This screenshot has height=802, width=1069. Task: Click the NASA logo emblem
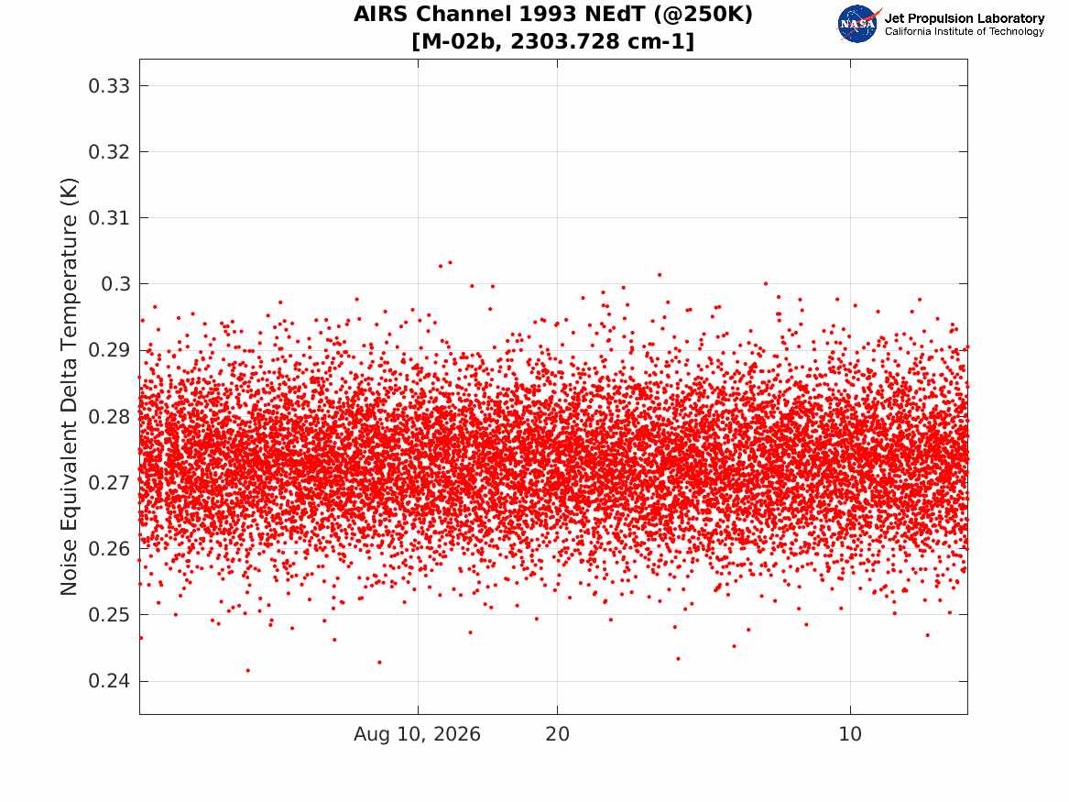point(858,24)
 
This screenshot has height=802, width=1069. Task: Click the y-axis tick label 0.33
point(109,86)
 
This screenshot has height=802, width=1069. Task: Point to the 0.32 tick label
point(109,151)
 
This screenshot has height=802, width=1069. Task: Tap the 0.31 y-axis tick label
point(109,217)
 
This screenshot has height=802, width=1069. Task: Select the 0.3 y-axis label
point(115,284)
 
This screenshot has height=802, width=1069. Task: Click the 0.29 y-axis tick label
point(109,350)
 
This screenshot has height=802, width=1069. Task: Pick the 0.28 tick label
point(109,416)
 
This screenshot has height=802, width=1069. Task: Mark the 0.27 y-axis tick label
point(109,482)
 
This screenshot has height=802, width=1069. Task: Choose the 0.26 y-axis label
point(109,548)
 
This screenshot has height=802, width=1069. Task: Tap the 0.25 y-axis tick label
point(109,614)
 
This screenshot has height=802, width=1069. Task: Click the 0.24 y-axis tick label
point(109,681)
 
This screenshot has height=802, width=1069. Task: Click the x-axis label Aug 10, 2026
point(417,734)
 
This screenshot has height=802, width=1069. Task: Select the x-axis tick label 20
point(558,734)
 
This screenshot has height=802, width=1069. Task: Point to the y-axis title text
point(69,387)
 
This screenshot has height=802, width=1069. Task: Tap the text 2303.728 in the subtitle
point(555,41)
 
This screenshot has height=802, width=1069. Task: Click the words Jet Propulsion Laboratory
point(965,18)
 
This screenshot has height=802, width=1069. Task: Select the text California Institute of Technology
point(965,31)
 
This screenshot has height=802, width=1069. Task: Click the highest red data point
point(450,262)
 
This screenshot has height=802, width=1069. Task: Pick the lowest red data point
point(247,670)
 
